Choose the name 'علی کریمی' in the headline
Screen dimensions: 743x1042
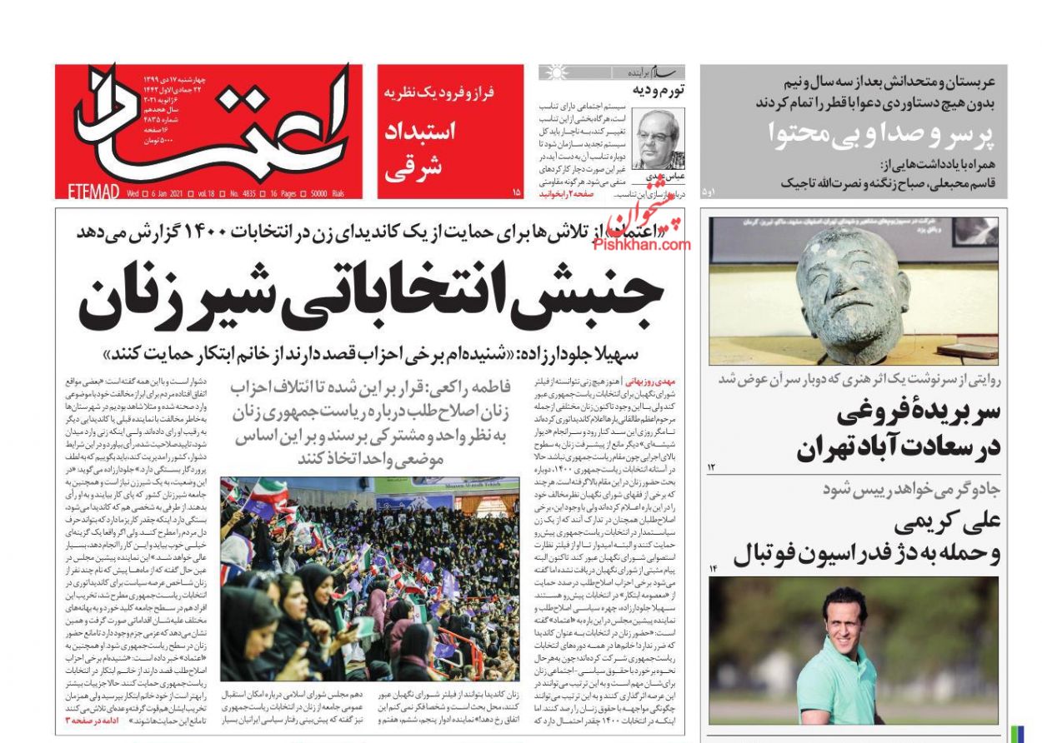[x=946, y=523]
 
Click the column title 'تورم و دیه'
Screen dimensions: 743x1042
[x=659, y=90]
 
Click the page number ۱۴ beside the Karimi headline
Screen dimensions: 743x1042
[x=713, y=569]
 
